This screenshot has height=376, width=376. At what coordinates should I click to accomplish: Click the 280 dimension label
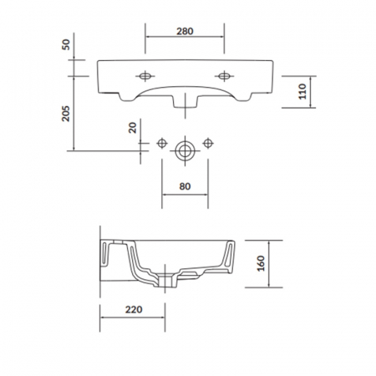coord(185,31)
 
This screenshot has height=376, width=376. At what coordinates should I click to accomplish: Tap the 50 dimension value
coord(66,44)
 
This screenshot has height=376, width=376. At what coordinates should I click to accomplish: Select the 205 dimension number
coord(66,114)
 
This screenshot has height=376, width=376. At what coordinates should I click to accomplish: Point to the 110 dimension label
coord(302,91)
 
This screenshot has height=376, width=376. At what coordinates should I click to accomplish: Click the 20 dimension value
coord(133,128)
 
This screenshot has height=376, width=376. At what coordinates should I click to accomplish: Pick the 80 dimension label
coord(185,186)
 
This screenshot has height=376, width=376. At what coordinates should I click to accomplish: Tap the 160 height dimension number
coord(261,263)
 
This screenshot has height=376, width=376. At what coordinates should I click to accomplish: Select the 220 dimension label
coord(134,309)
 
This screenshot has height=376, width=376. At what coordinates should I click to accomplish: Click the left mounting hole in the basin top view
coord(145,76)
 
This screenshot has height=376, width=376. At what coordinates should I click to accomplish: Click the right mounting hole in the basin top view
coord(224,76)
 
